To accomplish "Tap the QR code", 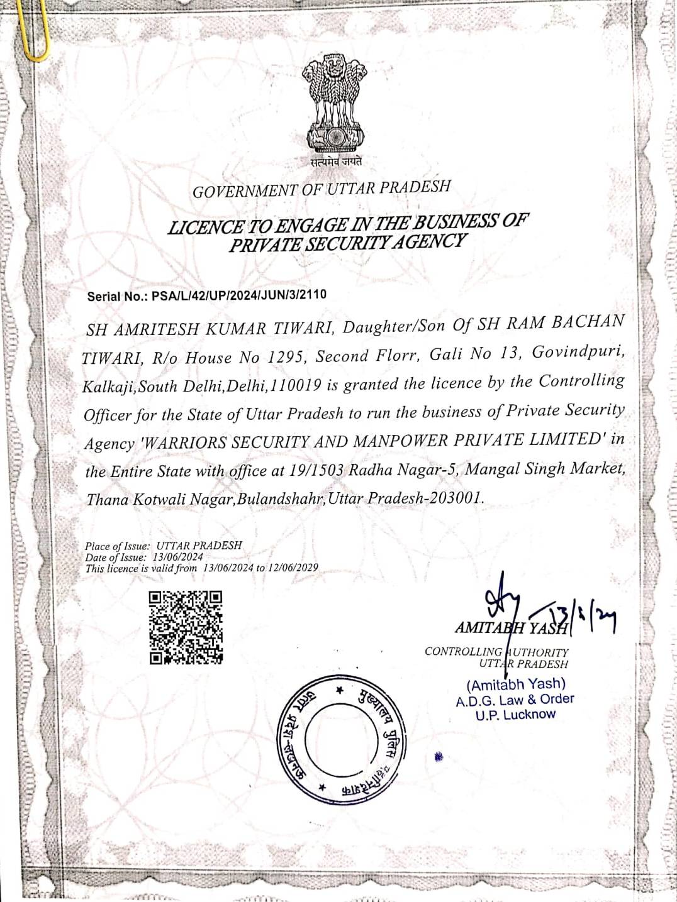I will click(186, 627).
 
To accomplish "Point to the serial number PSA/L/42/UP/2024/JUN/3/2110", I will click(239, 294).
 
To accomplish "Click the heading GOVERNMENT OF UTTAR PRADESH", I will click(322, 189).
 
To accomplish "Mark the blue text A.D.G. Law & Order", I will click(515, 699).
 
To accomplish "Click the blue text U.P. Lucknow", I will click(515, 714).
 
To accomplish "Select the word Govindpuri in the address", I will click(578, 352).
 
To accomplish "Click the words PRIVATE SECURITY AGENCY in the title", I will click(348, 243).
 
